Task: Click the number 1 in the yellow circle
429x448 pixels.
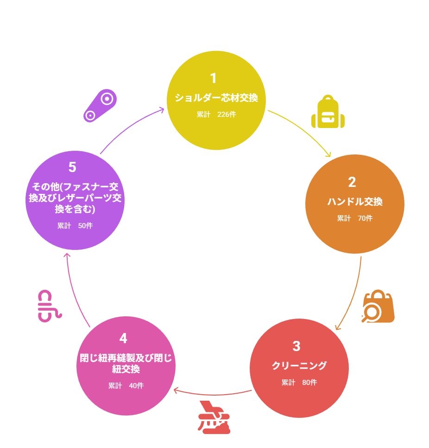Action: pos(213,78)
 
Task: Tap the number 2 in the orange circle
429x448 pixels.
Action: pos(352,182)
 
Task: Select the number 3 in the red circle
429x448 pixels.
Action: pos(297,346)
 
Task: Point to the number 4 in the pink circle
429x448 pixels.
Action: pos(123,338)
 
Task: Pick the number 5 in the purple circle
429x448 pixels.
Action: pos(72,167)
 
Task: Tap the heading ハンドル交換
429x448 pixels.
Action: pos(355,202)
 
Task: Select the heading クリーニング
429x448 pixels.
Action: pos(299,366)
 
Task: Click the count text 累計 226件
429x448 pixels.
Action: pos(216,115)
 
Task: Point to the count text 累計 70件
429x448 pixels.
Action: pos(355,218)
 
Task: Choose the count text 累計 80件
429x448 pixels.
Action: pos(299,383)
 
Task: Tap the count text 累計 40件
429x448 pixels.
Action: pos(126,386)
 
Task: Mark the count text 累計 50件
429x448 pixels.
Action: pos(75,226)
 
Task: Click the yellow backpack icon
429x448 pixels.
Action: pos(328,112)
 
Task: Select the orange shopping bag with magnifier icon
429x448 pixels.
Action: pos(378,307)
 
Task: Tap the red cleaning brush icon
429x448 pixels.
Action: pos(214,418)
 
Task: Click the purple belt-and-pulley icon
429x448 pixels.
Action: pos(100,105)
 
